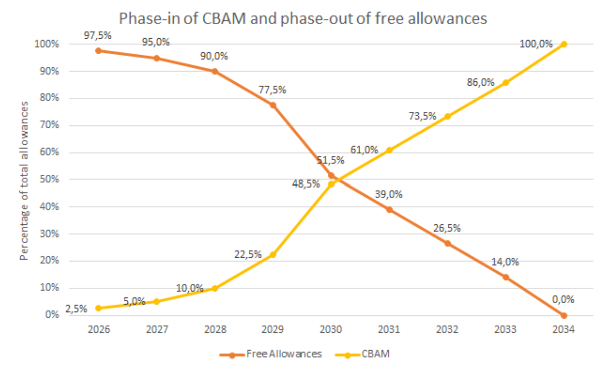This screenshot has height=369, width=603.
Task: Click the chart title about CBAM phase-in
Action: pos(303,18)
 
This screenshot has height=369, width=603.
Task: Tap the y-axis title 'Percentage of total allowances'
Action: pos(24,181)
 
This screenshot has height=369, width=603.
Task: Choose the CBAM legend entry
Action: pos(375,354)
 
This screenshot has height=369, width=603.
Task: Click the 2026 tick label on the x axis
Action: pos(99,330)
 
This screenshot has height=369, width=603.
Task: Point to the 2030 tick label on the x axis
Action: pos(331,330)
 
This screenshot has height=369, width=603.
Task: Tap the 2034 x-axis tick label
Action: pos(563,330)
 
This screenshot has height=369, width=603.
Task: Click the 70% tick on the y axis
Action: pos(49,125)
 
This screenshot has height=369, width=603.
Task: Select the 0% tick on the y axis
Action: pos(52,315)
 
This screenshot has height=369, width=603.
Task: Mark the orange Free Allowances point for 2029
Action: pos(273,105)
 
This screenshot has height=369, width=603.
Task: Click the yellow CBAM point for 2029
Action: pos(273,254)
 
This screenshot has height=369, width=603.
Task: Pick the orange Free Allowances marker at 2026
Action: pos(98,51)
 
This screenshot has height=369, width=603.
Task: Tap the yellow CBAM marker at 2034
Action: pos(564,44)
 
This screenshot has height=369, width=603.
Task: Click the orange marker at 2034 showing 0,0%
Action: pos(564,315)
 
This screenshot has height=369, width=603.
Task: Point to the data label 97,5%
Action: pos(98,36)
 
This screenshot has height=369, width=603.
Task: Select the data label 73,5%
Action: pos(422,116)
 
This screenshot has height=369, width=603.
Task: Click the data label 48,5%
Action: pos(306,184)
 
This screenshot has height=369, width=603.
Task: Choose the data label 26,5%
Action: pos(447,228)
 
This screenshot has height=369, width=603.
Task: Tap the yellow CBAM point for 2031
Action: pos(389,150)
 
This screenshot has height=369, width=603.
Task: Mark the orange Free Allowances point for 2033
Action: pos(506,277)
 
